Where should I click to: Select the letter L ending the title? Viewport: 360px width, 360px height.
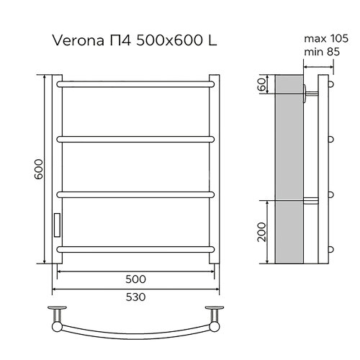point(214,41)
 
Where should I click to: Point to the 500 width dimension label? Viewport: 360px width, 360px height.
point(136,279)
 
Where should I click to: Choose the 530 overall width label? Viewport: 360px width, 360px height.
point(136,297)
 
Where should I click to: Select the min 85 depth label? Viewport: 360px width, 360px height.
point(320,52)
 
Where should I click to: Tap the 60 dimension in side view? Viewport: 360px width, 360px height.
point(262,86)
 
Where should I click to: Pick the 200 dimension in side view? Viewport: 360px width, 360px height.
point(262,232)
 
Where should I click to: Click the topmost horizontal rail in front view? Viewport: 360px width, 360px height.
point(135,84)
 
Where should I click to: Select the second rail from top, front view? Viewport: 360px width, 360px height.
point(135,138)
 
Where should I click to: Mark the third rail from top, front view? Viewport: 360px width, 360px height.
point(135,193)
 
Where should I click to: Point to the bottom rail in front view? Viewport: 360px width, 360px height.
point(135,248)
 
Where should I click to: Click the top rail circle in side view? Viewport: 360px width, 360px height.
point(332,84)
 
